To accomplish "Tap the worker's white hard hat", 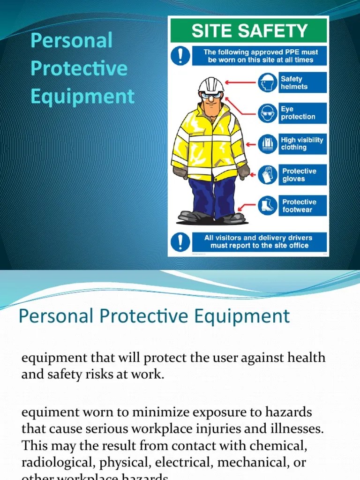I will pyautogui.click(x=210, y=85).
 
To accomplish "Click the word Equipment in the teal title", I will pyautogui.click(x=82, y=97).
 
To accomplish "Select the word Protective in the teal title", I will pyautogui.click(x=79, y=68).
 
